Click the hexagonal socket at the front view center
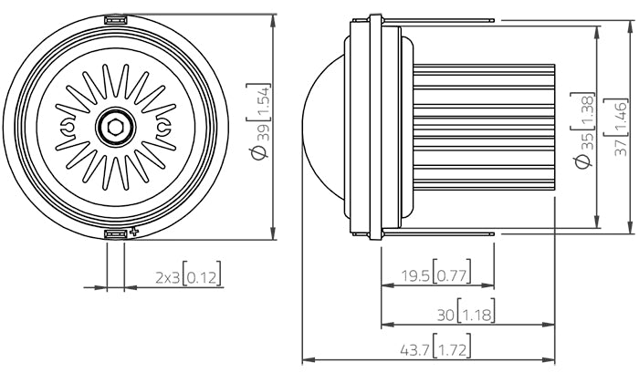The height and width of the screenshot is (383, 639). (115, 128)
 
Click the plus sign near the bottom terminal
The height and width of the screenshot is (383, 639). (134, 233)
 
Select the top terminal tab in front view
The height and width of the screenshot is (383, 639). (115, 19)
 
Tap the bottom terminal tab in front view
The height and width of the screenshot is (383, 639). (115, 235)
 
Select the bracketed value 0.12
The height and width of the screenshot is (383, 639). (203, 275)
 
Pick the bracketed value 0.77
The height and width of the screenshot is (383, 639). (451, 274)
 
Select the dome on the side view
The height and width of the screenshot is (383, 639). (321, 128)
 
